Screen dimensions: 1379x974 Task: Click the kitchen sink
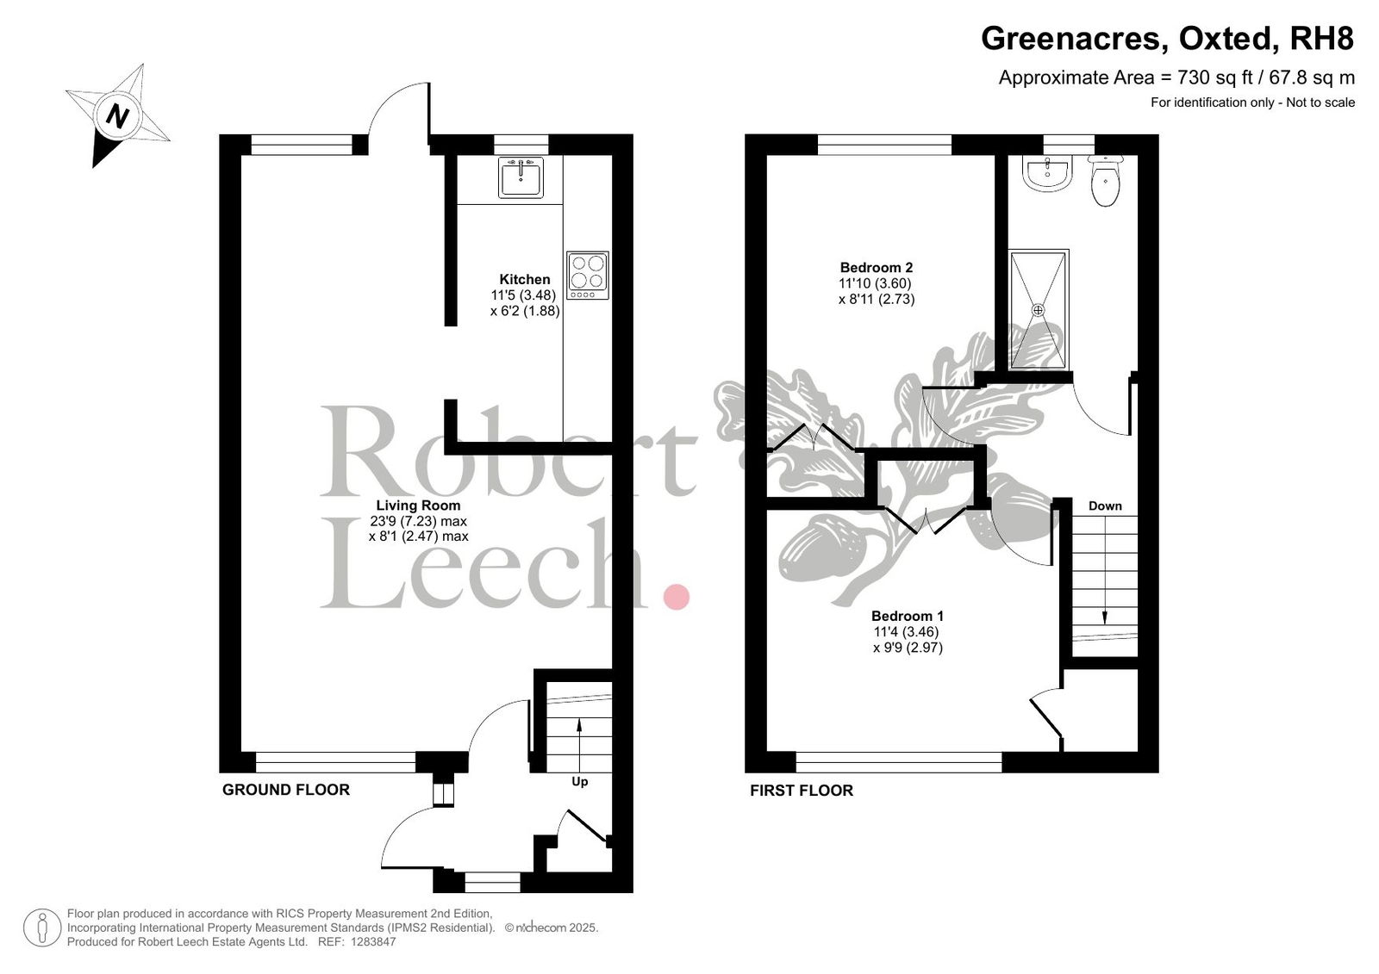tap(521, 177)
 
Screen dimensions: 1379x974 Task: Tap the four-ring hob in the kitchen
tap(587, 275)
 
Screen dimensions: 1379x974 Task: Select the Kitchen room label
tap(525, 279)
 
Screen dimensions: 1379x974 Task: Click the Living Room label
tap(419, 506)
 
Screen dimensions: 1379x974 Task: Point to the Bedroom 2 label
tap(877, 268)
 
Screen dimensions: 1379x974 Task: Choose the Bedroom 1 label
tap(908, 616)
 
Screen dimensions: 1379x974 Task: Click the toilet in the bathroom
tap(1106, 180)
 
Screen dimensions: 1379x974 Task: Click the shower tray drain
tap(1038, 310)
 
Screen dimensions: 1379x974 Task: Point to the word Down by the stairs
tap(1105, 506)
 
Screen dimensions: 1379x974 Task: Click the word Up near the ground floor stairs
tap(580, 781)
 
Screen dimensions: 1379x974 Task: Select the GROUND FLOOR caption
tap(285, 790)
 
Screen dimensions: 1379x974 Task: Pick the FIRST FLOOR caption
tap(802, 791)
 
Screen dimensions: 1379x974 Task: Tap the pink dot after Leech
tap(676, 597)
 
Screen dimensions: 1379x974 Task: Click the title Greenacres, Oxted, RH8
tap(1167, 39)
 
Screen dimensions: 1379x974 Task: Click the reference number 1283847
tap(373, 941)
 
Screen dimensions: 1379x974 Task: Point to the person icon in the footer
tap(42, 927)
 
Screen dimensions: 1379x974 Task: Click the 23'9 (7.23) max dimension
tap(419, 521)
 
